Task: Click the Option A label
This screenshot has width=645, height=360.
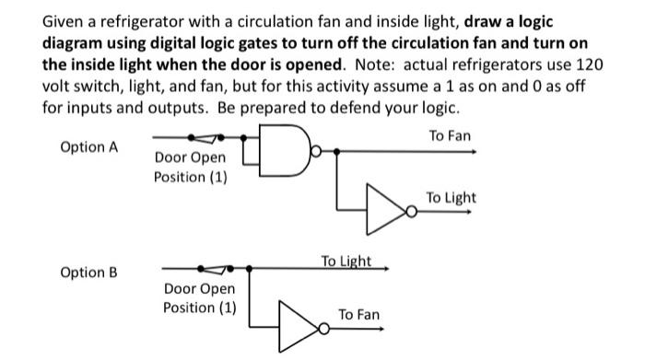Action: [x=88, y=147]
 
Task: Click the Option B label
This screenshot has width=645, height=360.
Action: [x=88, y=273]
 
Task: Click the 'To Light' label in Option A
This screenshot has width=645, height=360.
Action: [x=451, y=198]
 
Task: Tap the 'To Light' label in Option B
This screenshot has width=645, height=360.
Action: [x=346, y=261]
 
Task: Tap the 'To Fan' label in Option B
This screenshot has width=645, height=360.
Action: [x=358, y=315]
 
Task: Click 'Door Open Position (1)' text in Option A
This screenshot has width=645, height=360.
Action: [x=189, y=167]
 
